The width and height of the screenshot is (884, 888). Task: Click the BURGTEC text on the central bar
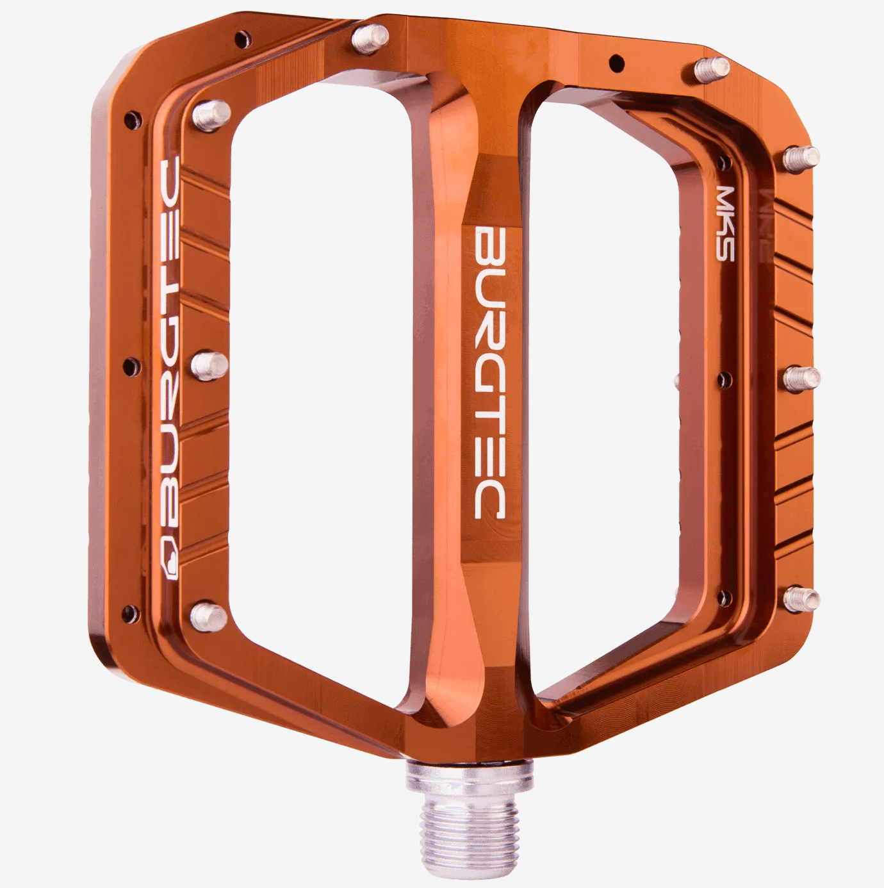tap(489, 372)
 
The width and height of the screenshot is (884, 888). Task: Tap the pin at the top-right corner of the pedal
tap(712, 69)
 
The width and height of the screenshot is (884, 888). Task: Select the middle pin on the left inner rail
tap(209, 365)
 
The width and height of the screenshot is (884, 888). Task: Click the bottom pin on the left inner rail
tap(209, 616)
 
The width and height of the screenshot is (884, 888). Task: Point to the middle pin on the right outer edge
tap(801, 378)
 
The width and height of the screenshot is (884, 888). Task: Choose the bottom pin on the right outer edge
tap(801, 600)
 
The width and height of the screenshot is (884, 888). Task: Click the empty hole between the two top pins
tap(616, 63)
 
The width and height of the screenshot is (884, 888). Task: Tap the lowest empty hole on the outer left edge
tap(131, 612)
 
